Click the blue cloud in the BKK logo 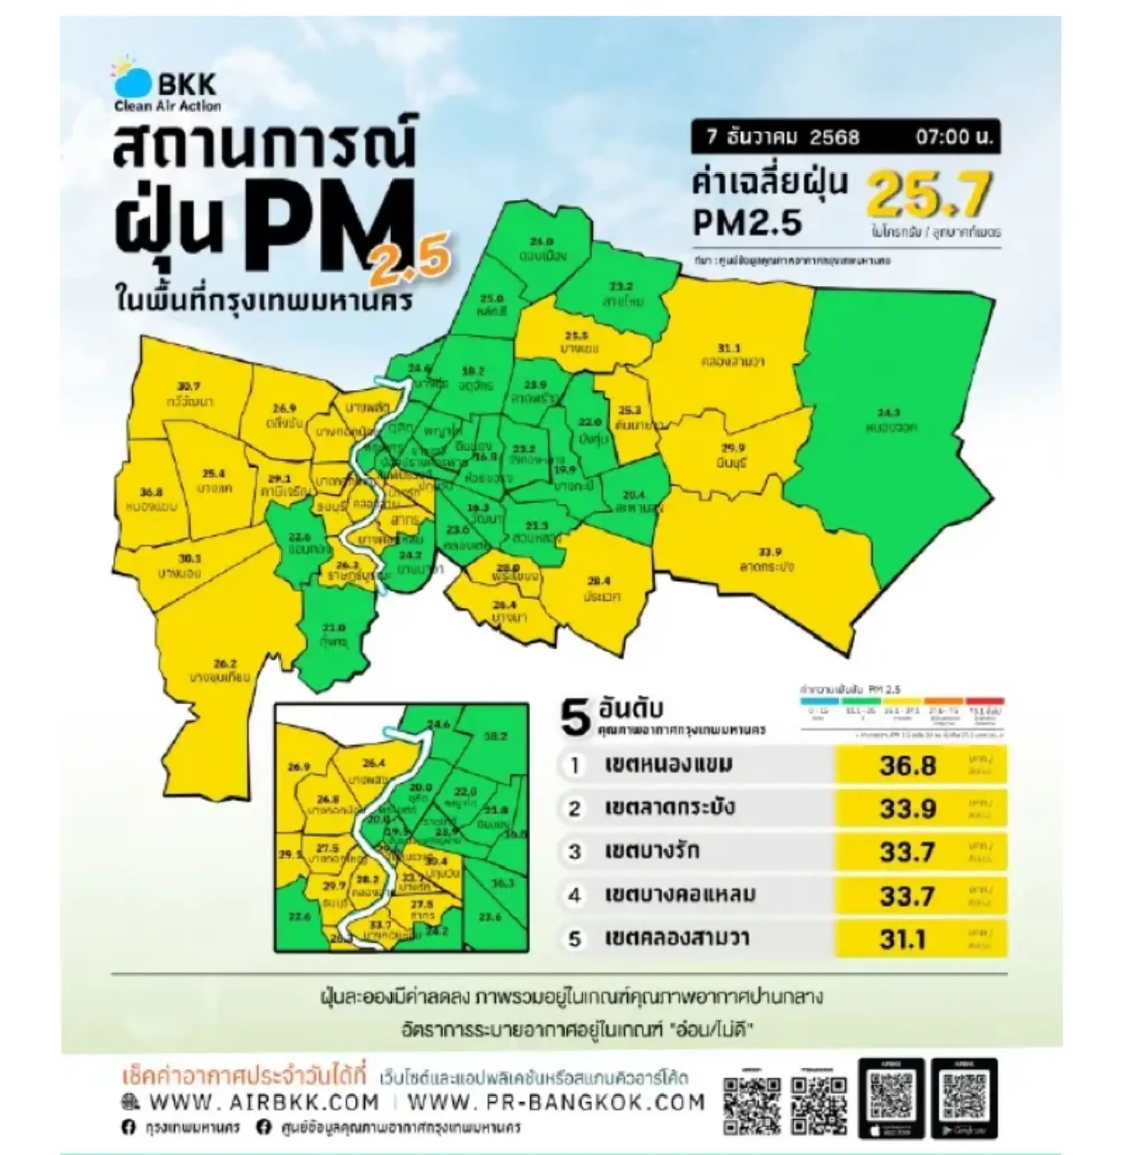click(x=133, y=82)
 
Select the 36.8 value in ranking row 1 click(x=908, y=766)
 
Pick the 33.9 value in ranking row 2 click(x=908, y=809)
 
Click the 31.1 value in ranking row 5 click(x=903, y=940)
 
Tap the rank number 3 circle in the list click(x=574, y=852)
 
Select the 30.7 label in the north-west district click(x=188, y=387)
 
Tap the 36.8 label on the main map click(x=151, y=492)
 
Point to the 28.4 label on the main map click(x=599, y=581)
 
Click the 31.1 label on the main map click(x=729, y=349)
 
